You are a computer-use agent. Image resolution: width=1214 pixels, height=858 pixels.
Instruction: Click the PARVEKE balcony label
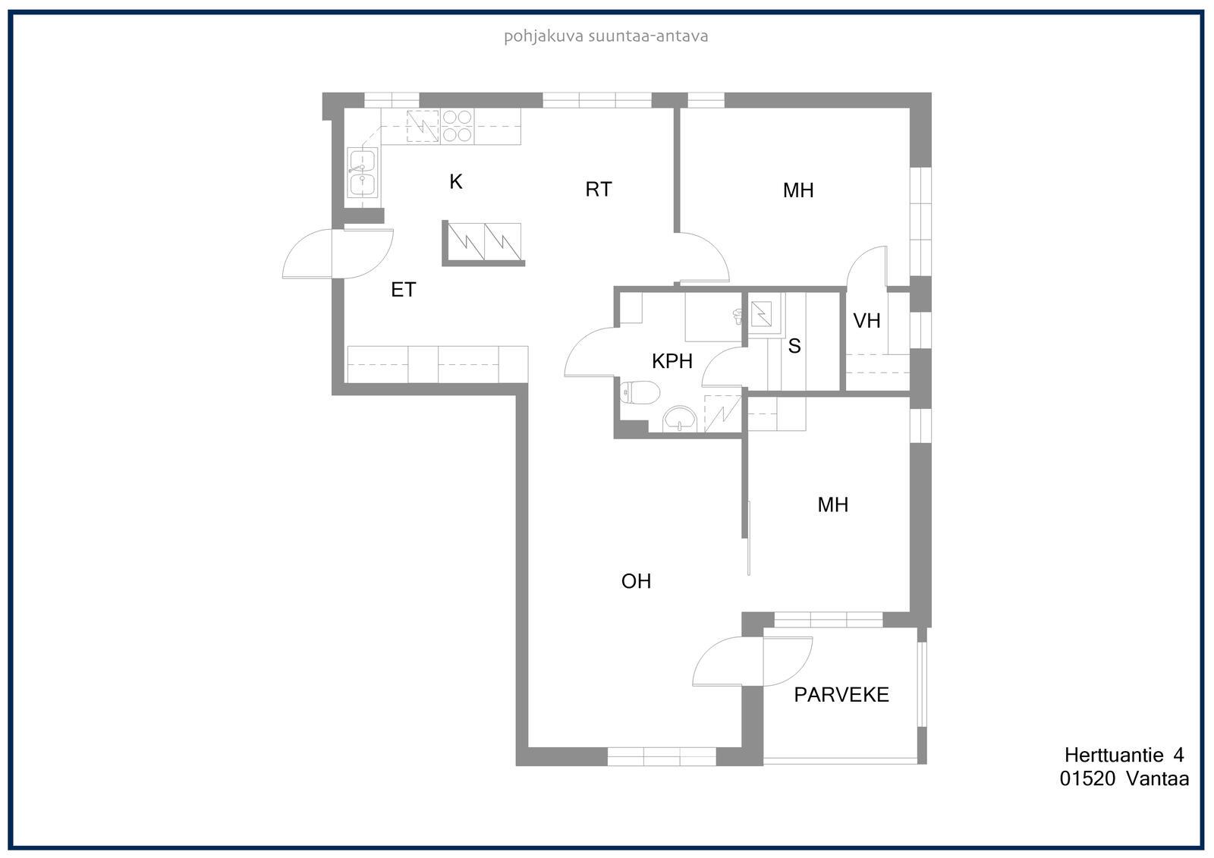point(841,695)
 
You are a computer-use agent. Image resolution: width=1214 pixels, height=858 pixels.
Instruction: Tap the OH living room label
point(636,581)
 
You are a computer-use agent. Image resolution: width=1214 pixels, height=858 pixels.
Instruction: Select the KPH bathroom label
point(672,361)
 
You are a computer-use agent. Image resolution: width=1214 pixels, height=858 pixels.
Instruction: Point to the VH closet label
point(866,321)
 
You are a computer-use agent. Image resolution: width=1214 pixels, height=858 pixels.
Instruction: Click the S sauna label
point(794,346)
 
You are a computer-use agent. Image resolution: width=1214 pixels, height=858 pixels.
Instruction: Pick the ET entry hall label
point(403,290)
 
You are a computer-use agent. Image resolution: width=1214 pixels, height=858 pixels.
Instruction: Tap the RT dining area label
point(599,189)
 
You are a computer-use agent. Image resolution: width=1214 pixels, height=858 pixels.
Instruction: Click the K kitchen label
point(456,181)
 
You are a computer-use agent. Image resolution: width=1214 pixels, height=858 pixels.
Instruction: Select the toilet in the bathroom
point(640,392)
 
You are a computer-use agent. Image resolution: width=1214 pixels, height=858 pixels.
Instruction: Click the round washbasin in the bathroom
point(680,420)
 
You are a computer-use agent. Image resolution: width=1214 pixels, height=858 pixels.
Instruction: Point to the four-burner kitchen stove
point(457,126)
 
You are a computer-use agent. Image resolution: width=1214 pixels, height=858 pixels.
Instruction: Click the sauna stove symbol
point(761,314)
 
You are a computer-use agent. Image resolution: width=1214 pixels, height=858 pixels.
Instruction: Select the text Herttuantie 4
point(1124,755)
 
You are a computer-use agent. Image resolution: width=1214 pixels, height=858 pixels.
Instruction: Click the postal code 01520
point(1087,779)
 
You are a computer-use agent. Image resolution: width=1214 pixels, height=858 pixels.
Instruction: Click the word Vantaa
point(1158,779)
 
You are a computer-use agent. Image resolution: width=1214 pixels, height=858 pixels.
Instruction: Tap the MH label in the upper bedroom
point(798,190)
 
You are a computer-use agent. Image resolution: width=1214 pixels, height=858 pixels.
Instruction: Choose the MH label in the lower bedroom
point(833,504)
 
